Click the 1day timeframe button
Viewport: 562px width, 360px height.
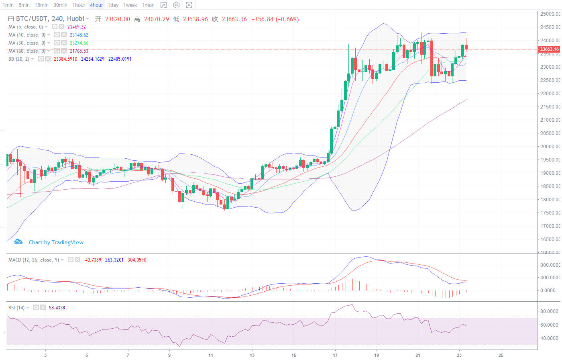click(113, 5)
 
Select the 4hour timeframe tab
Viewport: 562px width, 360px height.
click(96, 5)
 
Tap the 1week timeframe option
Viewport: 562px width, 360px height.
click(130, 5)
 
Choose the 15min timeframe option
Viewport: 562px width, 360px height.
click(41, 5)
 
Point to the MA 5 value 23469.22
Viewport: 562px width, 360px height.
click(77, 27)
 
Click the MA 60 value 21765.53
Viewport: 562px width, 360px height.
click(79, 51)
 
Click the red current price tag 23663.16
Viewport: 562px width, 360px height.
click(549, 49)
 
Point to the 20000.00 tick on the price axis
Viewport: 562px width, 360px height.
click(550, 146)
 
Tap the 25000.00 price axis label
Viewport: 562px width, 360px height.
click(550, 14)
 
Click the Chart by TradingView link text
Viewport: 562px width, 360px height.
click(56, 242)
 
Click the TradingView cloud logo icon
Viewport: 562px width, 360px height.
click(18, 241)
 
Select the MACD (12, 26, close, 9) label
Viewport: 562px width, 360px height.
click(34, 260)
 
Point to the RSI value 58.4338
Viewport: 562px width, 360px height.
click(57, 308)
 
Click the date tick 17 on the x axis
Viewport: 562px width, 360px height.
click(335, 355)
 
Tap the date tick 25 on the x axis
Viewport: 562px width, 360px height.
click(501, 355)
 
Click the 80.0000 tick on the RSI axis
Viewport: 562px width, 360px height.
click(549, 311)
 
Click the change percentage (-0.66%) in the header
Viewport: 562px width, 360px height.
click(287, 19)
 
